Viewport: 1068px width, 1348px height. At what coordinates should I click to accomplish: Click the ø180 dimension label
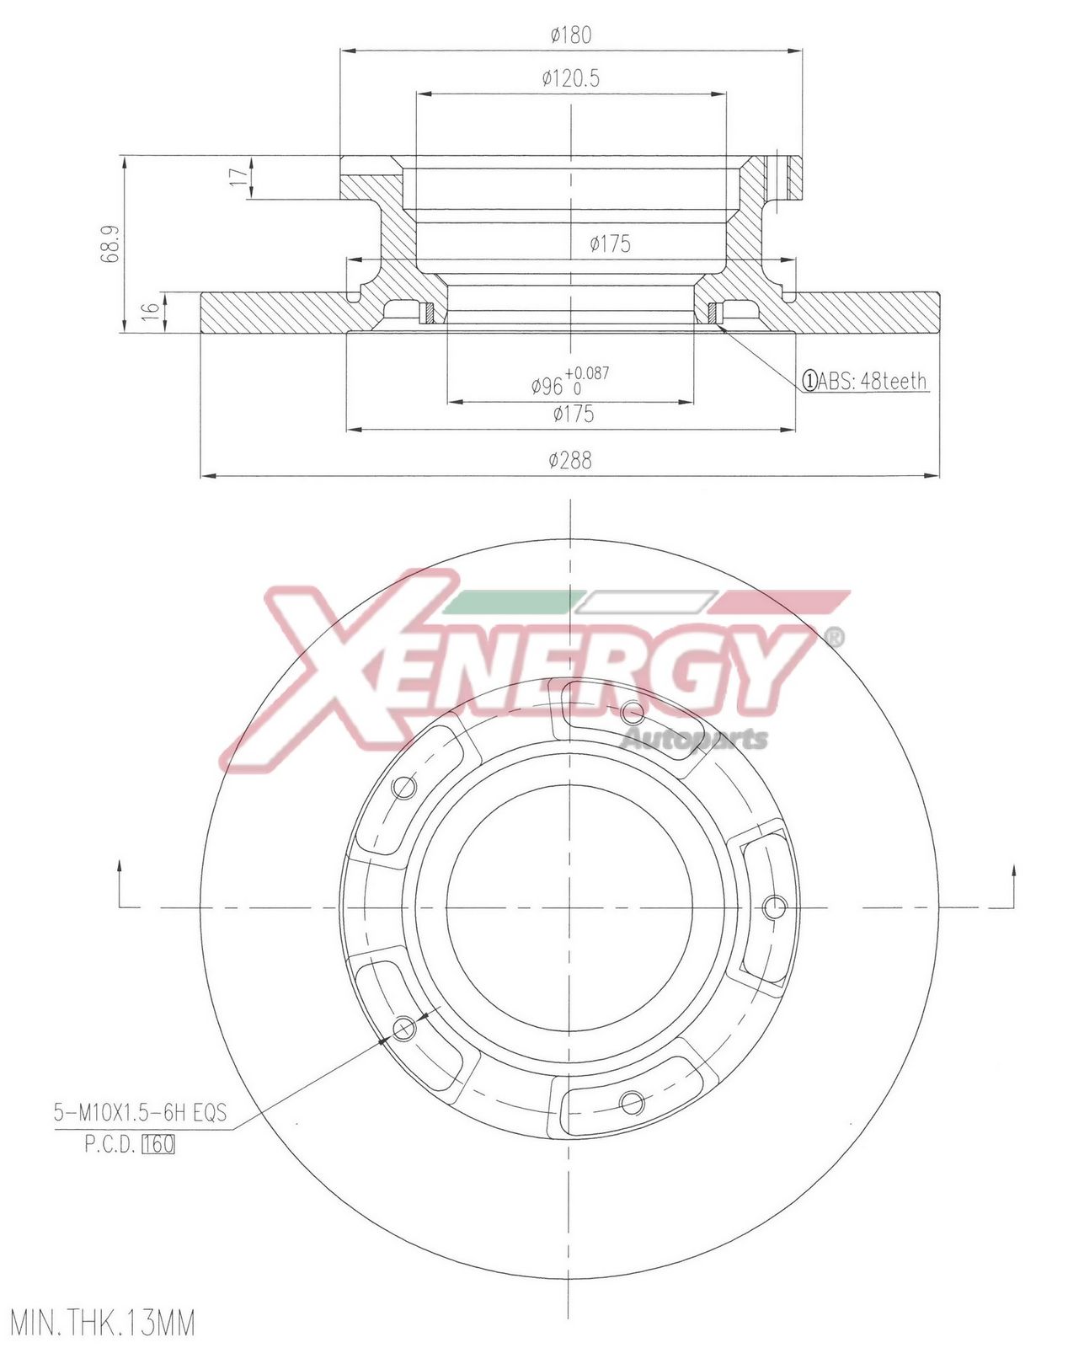tap(571, 35)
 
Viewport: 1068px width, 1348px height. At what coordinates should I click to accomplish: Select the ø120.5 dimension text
tap(571, 79)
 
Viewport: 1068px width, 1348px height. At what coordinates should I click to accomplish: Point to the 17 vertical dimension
tap(236, 177)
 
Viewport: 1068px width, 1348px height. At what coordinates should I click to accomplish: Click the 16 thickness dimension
tap(148, 311)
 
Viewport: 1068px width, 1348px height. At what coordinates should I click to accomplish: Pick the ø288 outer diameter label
tap(570, 460)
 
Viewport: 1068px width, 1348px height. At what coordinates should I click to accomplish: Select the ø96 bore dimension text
tap(547, 387)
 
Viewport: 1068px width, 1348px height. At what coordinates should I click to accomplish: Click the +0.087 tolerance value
tap(587, 373)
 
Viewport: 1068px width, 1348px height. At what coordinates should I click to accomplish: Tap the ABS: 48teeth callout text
tap(871, 381)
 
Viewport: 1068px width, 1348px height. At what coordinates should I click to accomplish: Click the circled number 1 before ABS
tap(809, 381)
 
